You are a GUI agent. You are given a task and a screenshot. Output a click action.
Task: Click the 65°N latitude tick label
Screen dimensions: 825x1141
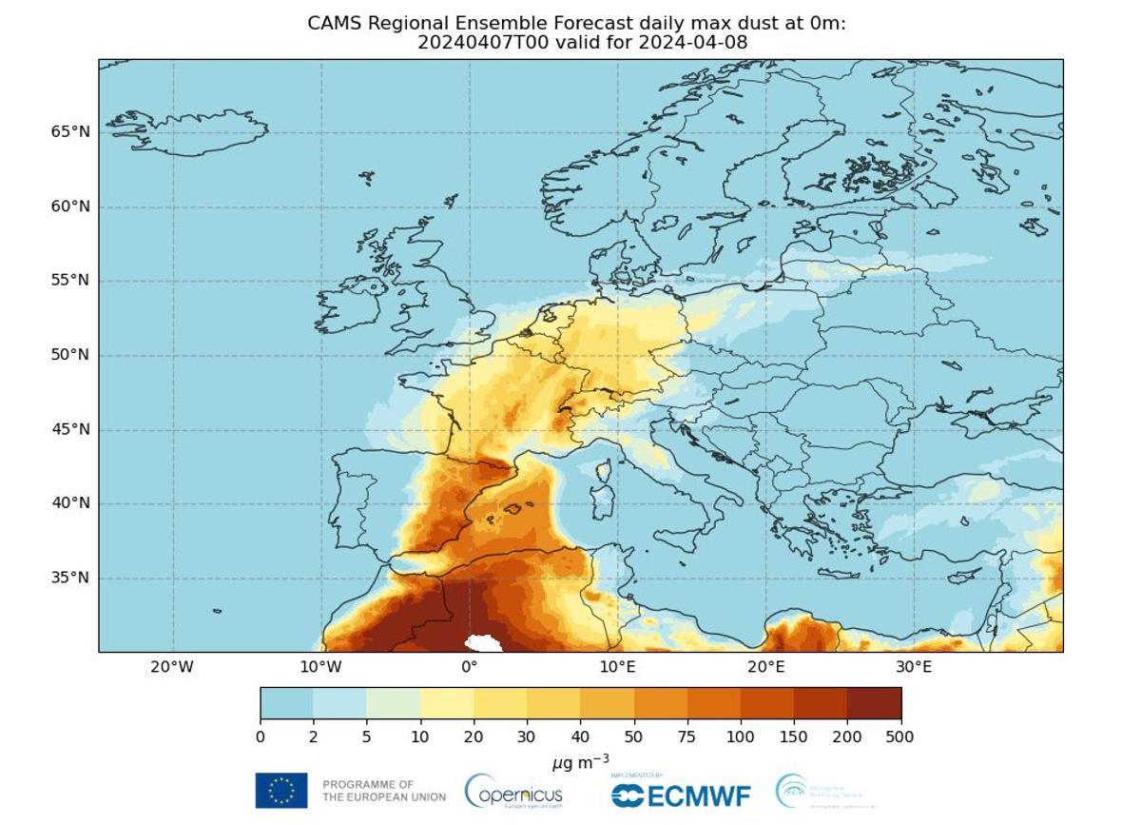click(70, 132)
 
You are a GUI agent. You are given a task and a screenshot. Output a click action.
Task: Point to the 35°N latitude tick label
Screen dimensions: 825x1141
click(70, 579)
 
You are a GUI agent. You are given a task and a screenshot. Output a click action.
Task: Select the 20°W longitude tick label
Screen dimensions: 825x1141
click(172, 667)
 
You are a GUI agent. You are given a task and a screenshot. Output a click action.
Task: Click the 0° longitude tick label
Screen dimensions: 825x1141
click(469, 667)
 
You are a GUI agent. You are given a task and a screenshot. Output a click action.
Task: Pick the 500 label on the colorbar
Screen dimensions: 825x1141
click(899, 737)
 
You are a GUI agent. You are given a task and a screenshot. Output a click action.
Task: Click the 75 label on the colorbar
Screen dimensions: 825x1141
click(687, 737)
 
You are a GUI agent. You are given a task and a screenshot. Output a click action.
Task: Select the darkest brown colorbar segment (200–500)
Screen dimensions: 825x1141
click(873, 703)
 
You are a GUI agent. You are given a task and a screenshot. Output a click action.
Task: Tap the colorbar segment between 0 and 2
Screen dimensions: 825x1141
click(286, 703)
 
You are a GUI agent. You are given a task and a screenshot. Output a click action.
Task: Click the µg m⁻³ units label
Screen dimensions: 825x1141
click(580, 762)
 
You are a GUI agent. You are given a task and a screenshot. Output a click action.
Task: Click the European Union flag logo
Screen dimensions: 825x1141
click(281, 791)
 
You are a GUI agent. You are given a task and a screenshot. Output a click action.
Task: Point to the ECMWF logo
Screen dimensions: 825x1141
click(681, 794)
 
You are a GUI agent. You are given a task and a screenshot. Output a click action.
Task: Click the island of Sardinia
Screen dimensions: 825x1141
click(601, 503)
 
